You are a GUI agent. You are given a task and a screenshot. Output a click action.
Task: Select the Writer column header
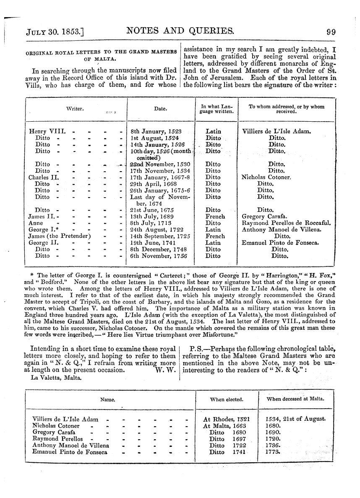pos(76,109)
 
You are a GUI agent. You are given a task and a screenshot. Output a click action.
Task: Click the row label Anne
pos(36,223)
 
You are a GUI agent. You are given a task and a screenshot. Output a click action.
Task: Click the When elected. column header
pos(227,400)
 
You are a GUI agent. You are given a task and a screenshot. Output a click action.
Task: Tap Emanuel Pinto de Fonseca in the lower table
pos(70,452)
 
